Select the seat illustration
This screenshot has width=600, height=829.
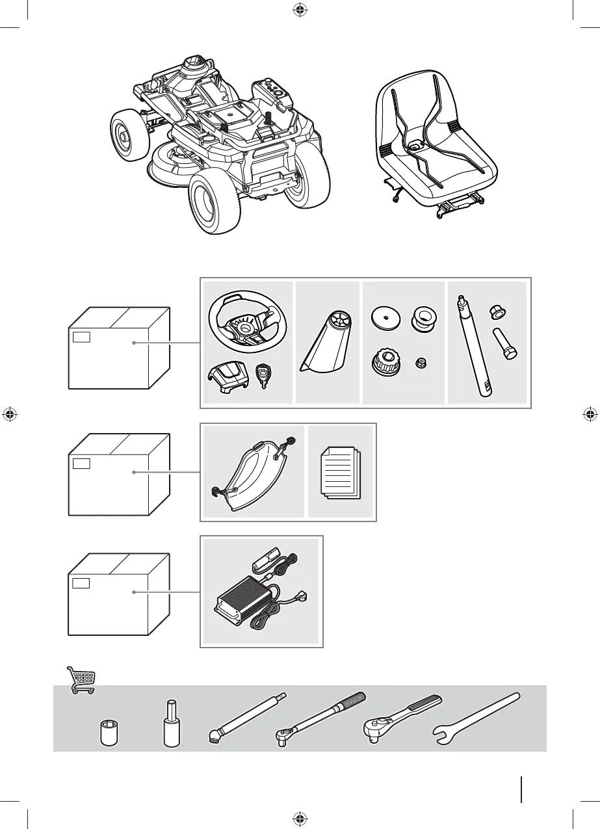436,144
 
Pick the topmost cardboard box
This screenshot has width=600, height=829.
119,347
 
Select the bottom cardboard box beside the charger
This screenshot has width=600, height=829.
119,593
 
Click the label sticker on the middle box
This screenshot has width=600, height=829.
81,463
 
